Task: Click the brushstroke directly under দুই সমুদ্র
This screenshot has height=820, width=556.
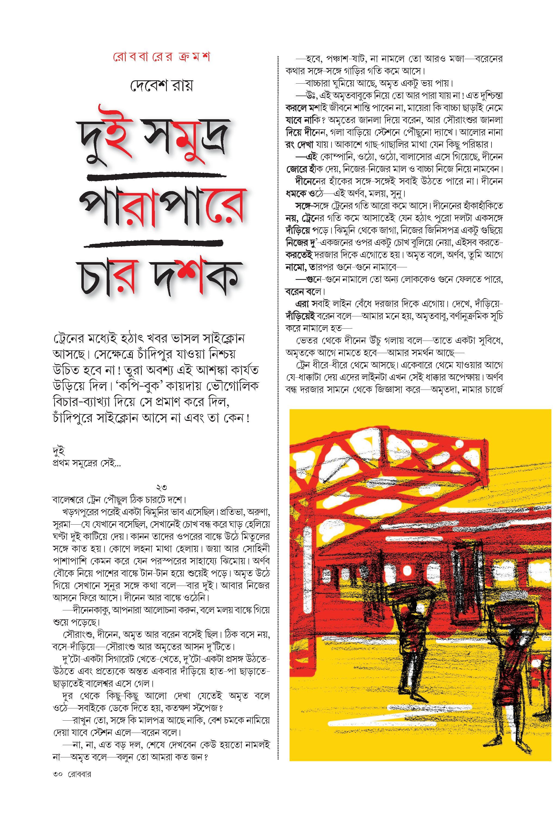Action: (x=155, y=175)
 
